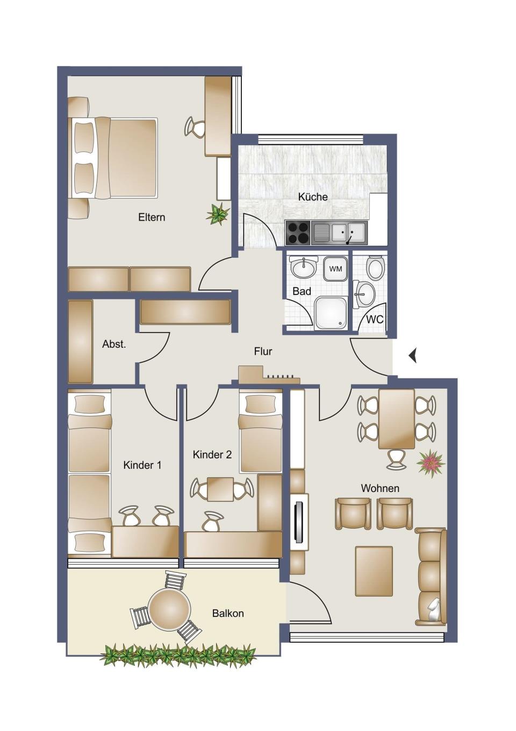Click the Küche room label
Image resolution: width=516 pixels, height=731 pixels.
click(313, 197)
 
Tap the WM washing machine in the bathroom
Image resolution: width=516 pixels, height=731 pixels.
click(335, 269)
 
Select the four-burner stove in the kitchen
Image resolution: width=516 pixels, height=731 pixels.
click(298, 233)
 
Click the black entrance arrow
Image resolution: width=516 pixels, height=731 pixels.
click(413, 355)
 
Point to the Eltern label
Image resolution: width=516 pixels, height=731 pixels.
click(152, 217)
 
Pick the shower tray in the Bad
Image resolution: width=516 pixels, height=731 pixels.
click(331, 312)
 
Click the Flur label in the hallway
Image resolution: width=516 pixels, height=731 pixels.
click(263, 352)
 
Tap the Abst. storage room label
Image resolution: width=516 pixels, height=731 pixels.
click(114, 344)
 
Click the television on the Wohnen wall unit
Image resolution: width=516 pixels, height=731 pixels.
click(298, 522)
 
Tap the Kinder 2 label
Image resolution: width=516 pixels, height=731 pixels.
click(212, 455)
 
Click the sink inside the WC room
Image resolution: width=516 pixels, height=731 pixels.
click(364, 294)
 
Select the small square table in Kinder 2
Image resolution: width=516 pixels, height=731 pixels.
click(220, 489)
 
